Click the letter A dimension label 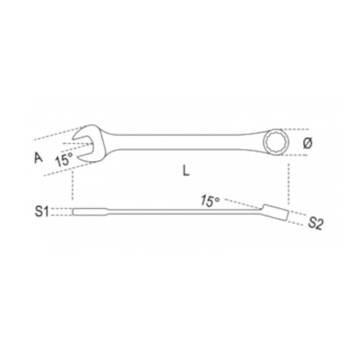pyautogui.click(x=37, y=157)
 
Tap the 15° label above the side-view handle pyautogui.click(x=210, y=201)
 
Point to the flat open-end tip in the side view pyautogui.click(x=80, y=211)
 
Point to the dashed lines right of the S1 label pyautogui.click(x=63, y=211)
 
